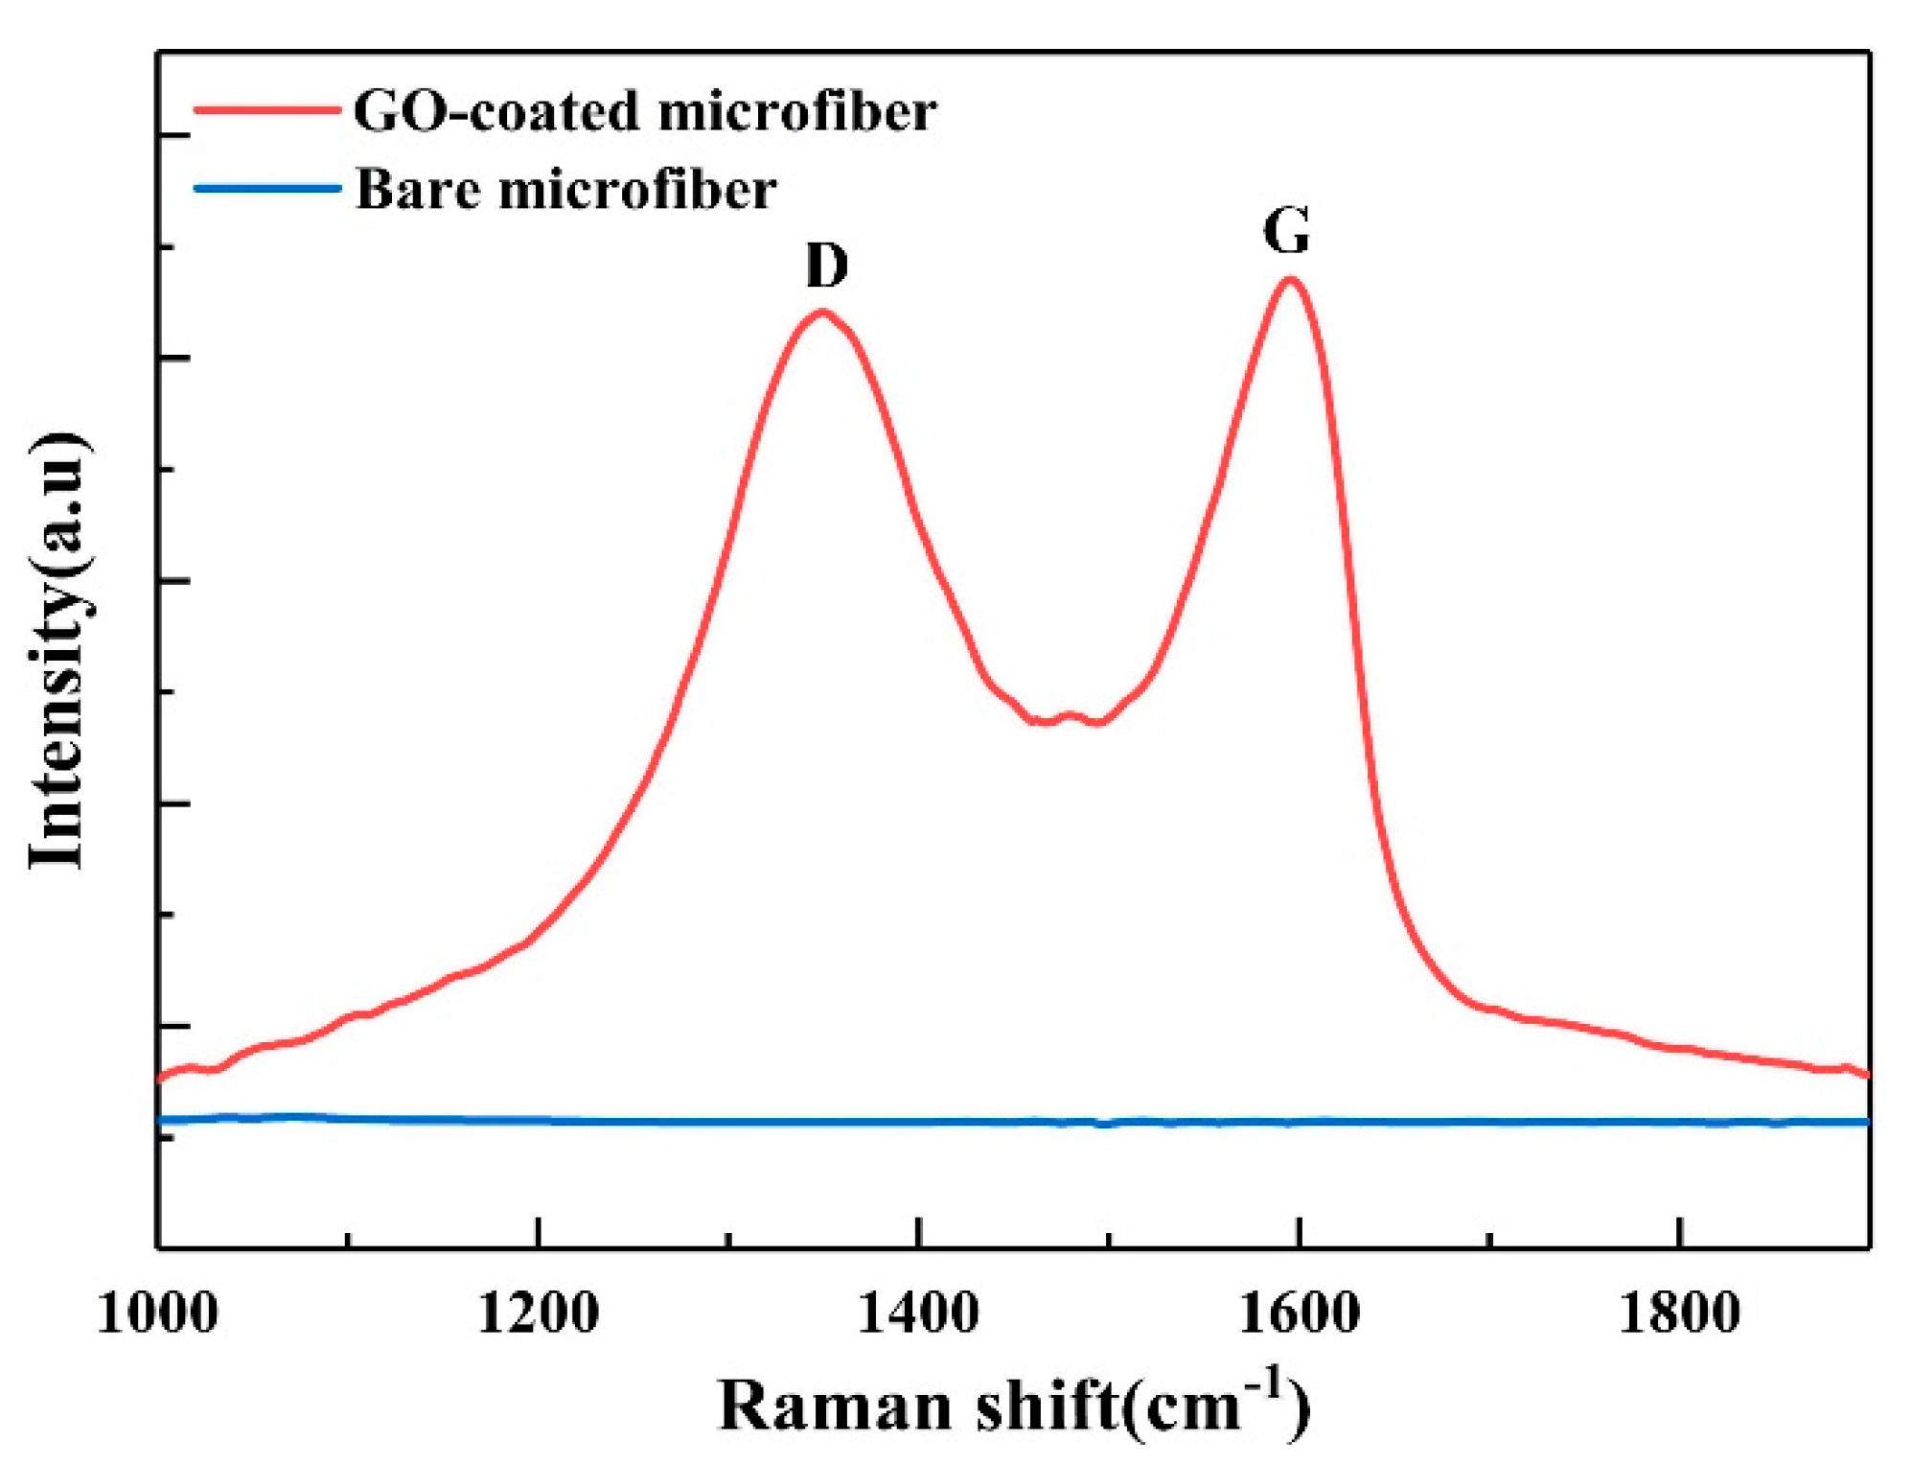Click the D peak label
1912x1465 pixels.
click(826, 266)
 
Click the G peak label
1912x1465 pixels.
click(1285, 231)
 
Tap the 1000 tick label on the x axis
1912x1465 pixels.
click(157, 1313)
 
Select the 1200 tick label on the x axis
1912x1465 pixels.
click(538, 1313)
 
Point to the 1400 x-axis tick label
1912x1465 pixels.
click(917, 1313)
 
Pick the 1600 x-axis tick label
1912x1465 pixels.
click(1299, 1313)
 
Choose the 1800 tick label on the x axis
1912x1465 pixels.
click(1678, 1313)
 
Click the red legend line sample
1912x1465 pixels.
click(267, 110)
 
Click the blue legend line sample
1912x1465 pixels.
click(267, 188)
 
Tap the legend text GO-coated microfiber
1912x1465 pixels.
click(644, 111)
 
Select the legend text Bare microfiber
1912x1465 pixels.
click(565, 189)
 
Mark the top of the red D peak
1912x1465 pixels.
click(821, 312)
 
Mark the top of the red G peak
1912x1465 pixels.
click(1290, 280)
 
